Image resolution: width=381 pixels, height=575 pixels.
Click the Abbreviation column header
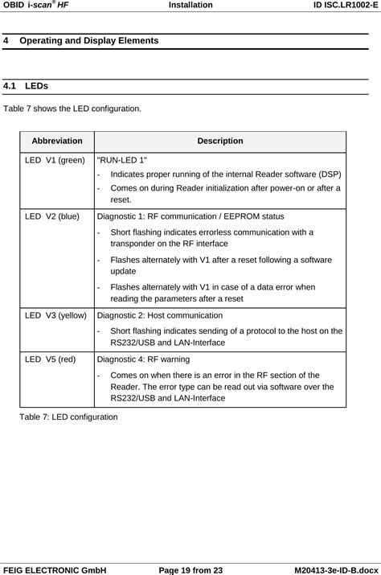(56, 141)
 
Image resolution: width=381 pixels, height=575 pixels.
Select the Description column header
(219, 141)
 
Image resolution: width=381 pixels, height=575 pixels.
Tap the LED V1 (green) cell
(55, 160)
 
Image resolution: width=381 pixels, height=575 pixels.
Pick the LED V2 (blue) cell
(52, 216)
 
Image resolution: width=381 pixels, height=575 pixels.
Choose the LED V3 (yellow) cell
(55, 316)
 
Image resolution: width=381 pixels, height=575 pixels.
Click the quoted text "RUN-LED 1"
(122, 160)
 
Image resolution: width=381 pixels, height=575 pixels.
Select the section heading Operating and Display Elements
(88, 40)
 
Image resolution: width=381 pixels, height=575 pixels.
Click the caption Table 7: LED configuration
(68, 417)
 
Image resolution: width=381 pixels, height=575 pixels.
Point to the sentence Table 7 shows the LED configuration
(73, 107)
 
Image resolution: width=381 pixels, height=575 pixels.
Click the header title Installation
(190, 6)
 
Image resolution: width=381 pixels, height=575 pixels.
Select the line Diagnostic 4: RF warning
(145, 361)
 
